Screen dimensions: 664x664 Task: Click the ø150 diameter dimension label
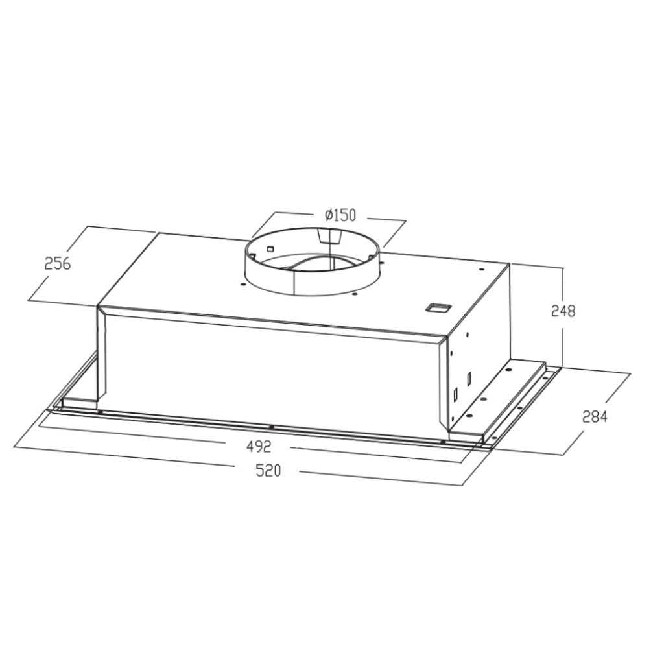[x=340, y=215]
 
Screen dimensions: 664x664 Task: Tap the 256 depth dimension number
[x=57, y=264]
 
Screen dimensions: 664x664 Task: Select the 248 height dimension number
[x=563, y=311]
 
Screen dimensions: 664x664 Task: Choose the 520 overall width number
[x=268, y=471]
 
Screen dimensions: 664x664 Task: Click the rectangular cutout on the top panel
[x=438, y=307]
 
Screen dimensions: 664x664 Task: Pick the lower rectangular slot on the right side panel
[x=455, y=393]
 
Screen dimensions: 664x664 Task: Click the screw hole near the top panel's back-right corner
[x=480, y=270]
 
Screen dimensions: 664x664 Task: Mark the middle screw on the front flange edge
[x=271, y=427]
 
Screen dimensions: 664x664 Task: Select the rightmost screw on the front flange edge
[x=443, y=442]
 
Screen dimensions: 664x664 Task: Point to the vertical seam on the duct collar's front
[x=295, y=279]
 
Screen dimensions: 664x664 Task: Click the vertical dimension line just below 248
[x=563, y=344]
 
